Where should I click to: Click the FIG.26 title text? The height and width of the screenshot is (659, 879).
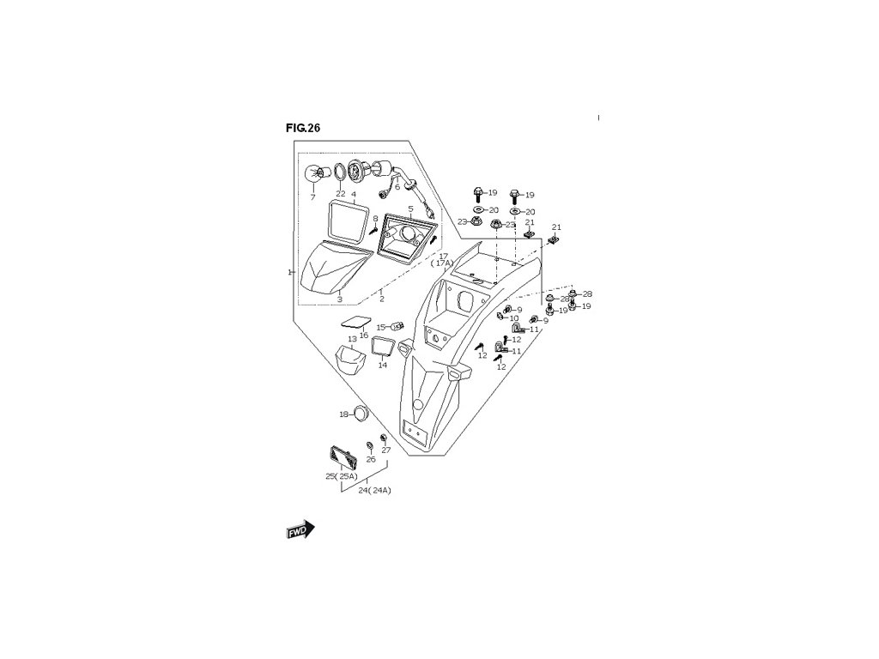pos(303,128)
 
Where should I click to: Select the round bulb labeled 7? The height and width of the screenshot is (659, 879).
pos(316,174)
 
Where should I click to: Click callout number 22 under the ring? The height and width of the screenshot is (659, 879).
pos(340,194)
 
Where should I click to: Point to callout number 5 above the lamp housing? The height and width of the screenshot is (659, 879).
pos(411,208)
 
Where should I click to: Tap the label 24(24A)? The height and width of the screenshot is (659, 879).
pos(374,491)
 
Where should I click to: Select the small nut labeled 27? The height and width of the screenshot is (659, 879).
pos(384,438)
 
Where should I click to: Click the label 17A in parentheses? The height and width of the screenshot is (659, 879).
pos(443,263)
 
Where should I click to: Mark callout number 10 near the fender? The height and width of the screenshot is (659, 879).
pos(514,318)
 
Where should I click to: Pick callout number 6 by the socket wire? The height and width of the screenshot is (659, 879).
pos(397,187)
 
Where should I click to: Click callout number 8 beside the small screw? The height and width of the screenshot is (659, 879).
pos(375,219)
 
